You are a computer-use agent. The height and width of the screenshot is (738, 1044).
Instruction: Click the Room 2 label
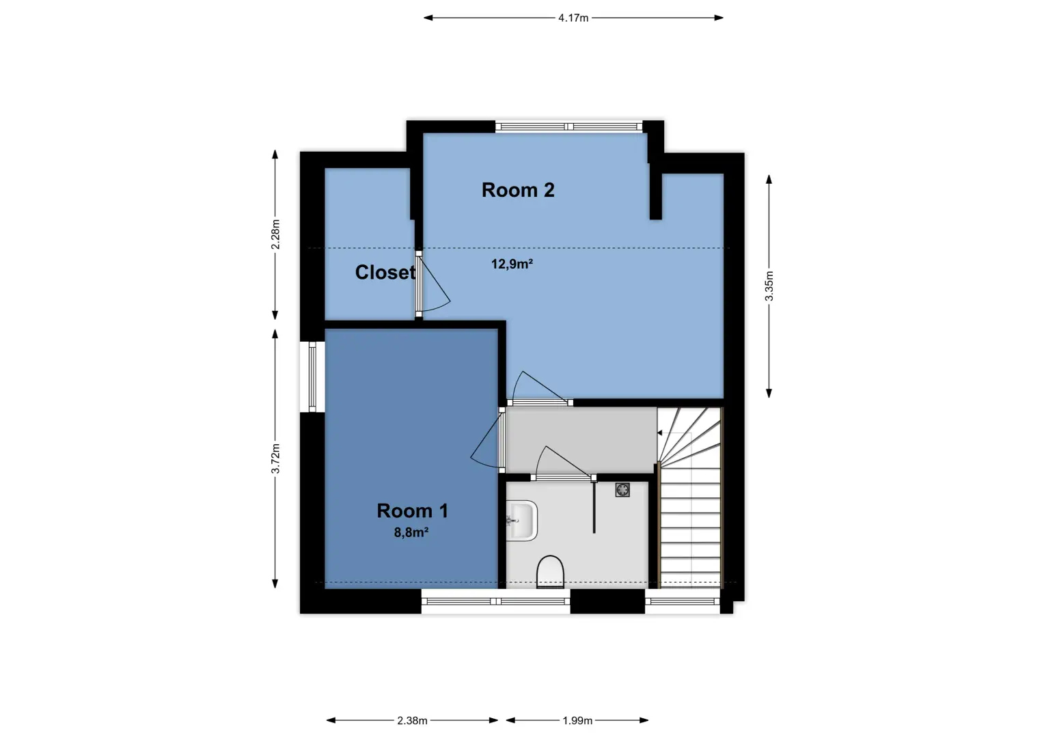(518, 190)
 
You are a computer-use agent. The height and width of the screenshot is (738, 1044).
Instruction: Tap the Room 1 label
(412, 511)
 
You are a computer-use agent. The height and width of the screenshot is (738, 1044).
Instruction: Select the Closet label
(385, 272)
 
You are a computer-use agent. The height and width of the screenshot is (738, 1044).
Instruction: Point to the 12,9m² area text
(512, 264)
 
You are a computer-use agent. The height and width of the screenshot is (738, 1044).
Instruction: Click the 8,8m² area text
(411, 532)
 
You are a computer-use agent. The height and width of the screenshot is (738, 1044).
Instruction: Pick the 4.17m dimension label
(573, 18)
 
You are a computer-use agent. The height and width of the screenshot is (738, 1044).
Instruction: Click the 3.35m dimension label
(769, 286)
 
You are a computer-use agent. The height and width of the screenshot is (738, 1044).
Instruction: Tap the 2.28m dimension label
(275, 234)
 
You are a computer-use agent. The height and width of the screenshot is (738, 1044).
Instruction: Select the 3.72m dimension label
(275, 459)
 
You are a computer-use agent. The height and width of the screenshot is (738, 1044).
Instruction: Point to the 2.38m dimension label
(412, 721)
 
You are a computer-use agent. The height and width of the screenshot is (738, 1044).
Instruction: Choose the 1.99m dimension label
(577, 721)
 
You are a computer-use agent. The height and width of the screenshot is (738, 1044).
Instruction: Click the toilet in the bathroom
(551, 571)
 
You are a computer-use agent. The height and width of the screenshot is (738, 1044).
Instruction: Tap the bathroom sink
(521, 520)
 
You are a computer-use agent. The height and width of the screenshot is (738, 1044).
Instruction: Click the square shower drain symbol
(622, 490)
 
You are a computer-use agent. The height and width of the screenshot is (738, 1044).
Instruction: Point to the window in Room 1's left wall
(312, 377)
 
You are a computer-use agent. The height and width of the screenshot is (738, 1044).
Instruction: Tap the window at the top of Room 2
(568, 126)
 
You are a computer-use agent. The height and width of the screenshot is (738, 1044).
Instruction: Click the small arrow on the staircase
(659, 433)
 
